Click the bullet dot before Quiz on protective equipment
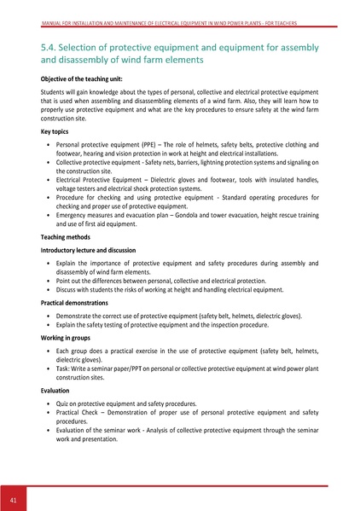[x=47, y=403]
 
